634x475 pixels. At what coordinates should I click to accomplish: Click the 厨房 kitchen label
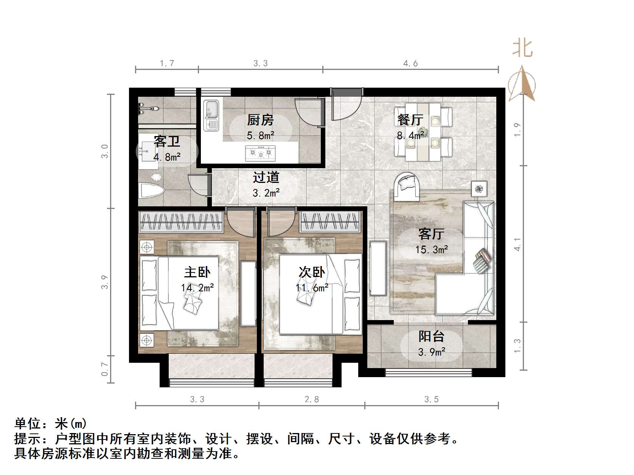point(260,120)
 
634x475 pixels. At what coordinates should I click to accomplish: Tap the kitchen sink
point(211,115)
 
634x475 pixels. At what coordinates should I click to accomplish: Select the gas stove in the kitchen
point(260,153)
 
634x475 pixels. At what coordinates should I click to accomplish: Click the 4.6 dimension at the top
point(410,63)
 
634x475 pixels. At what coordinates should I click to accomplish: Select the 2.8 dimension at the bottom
point(312,399)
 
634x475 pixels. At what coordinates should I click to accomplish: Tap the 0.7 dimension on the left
point(105,369)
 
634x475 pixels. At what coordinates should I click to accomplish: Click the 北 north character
point(522,48)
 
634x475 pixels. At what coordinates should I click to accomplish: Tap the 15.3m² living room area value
point(432,250)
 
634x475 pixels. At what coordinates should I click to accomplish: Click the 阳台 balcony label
point(431,336)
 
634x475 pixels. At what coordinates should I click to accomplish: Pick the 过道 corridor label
point(266,177)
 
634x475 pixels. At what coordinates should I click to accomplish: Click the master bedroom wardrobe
point(181,221)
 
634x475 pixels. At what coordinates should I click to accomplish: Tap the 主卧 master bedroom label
point(197,272)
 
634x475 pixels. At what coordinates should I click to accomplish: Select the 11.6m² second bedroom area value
point(312,288)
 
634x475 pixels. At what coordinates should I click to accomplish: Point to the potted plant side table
point(479,189)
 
